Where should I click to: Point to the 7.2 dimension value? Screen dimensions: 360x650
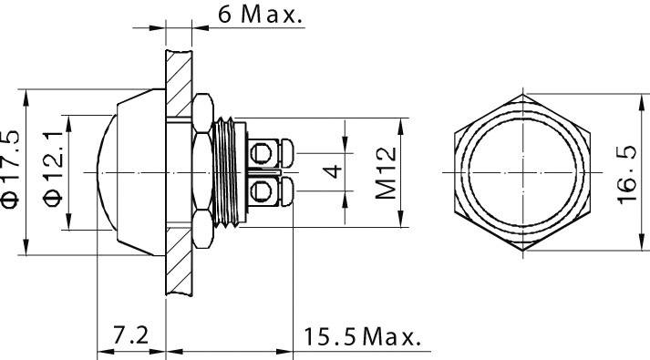pos(131,335)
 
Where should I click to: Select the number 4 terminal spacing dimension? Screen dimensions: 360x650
pos(335,171)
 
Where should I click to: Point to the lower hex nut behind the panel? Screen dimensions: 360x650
pos(199,228)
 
